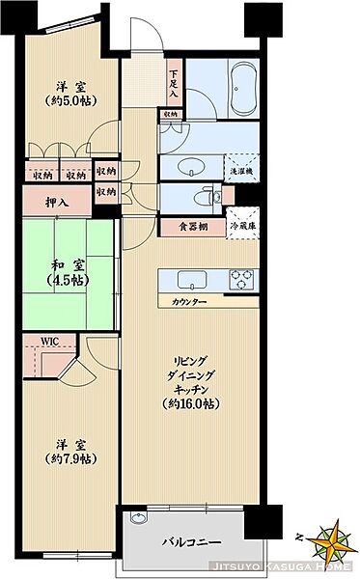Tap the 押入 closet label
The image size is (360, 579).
click(57, 203)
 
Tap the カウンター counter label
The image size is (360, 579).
click(188, 302)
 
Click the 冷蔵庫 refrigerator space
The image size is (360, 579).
click(242, 227)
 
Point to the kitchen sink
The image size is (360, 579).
click(190, 281)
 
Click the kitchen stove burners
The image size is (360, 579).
click(241, 280)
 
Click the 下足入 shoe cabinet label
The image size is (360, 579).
click(174, 82)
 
